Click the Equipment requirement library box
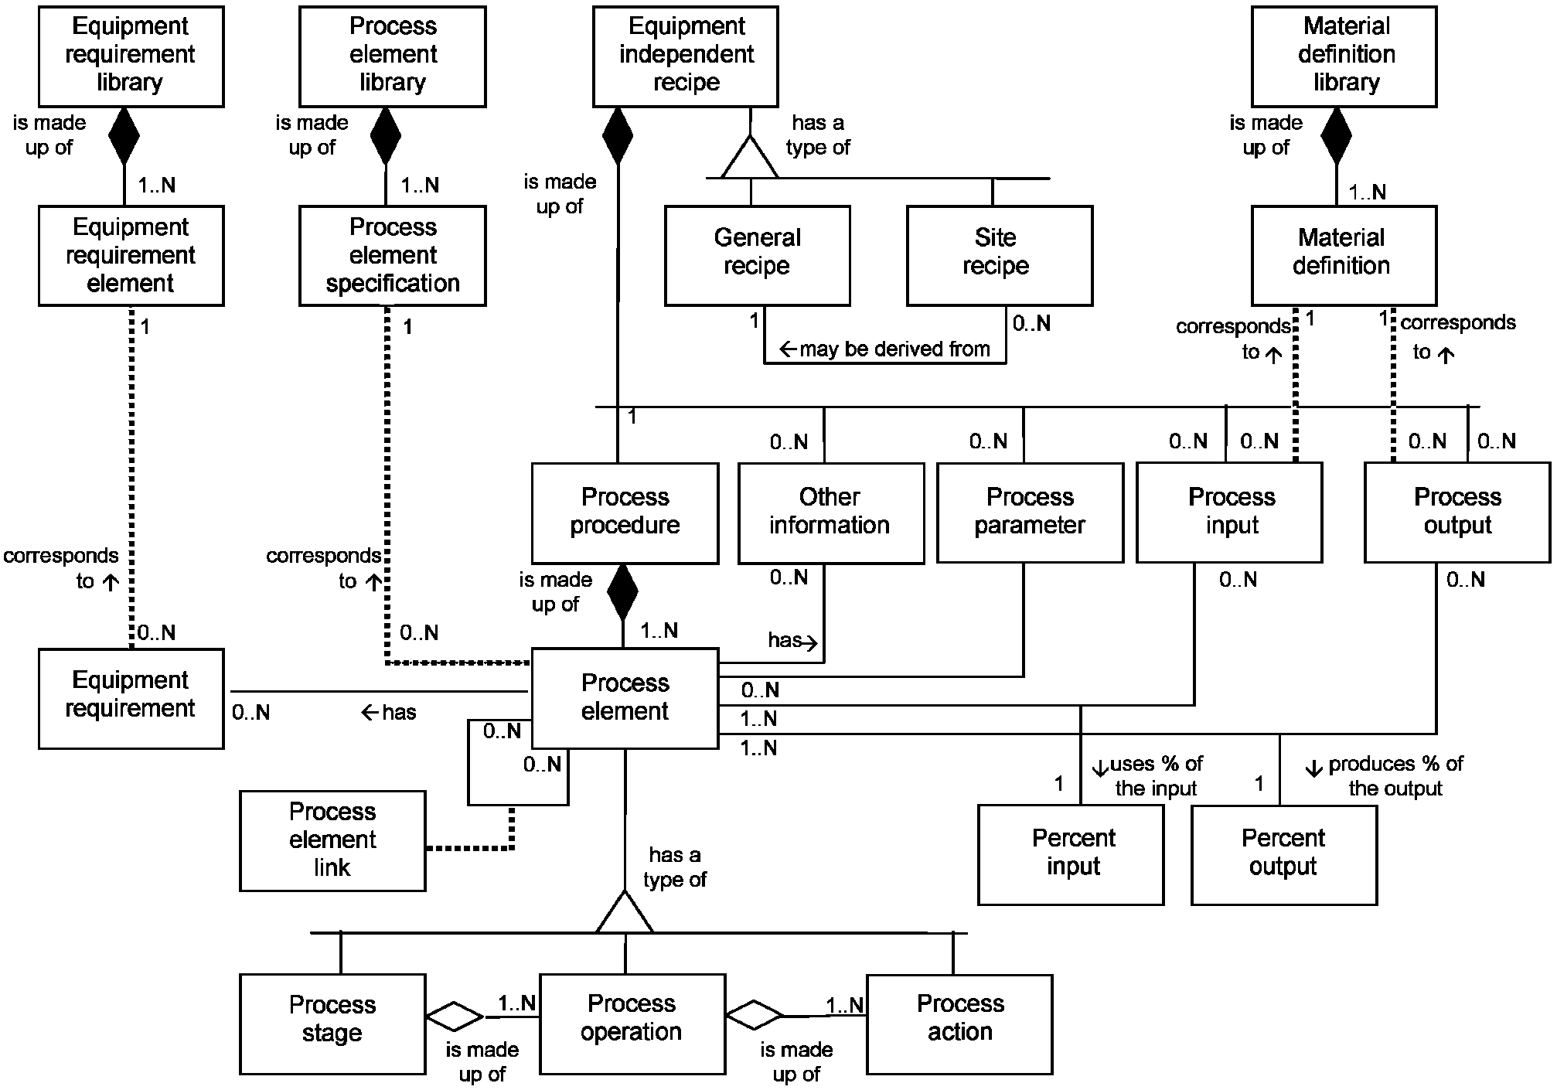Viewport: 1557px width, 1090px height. [131, 56]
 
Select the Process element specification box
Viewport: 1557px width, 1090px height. [393, 255]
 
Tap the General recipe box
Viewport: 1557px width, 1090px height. [757, 255]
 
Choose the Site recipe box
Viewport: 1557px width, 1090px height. [999, 255]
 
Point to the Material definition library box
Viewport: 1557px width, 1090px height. [1344, 56]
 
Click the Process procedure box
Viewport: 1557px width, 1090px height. [625, 513]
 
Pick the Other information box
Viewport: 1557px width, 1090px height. [830, 513]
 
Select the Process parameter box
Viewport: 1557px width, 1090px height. [1030, 513]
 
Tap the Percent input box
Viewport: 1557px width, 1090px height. [1071, 854]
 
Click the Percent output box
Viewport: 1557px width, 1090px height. [1283, 854]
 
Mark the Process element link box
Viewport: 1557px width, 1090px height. [332, 840]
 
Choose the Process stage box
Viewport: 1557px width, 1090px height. [332, 1024]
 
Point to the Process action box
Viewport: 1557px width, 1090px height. [959, 1024]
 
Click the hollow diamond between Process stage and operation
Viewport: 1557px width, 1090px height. [455, 1017]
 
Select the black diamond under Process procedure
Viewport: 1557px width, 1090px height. [622, 592]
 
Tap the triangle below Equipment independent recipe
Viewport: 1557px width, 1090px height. [750, 158]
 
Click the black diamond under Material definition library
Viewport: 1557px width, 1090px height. [1336, 136]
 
